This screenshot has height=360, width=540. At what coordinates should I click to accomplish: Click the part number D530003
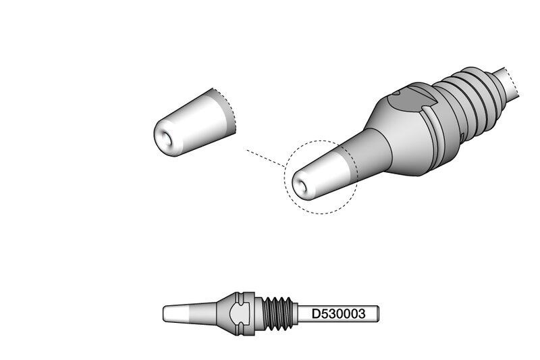pos(338,314)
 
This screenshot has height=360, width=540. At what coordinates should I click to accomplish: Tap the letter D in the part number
pos(316,314)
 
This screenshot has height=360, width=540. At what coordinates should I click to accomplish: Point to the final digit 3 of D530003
pos(361,314)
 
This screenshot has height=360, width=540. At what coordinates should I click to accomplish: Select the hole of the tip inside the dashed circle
pos(302,185)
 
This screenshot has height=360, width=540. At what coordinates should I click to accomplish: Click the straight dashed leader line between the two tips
pos(265,158)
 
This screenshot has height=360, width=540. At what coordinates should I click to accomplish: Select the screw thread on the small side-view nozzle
pos(277,314)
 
